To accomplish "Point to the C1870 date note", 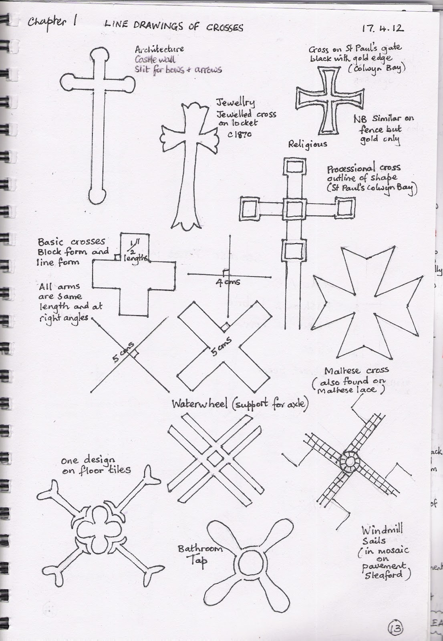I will (240, 134).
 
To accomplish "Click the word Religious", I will (307, 144).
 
